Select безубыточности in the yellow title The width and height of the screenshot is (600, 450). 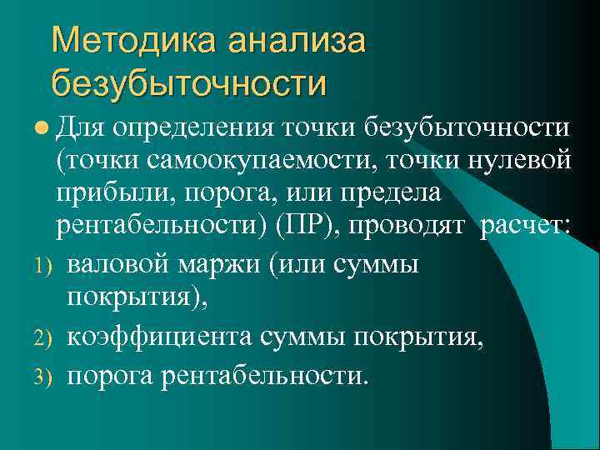pos(189,82)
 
